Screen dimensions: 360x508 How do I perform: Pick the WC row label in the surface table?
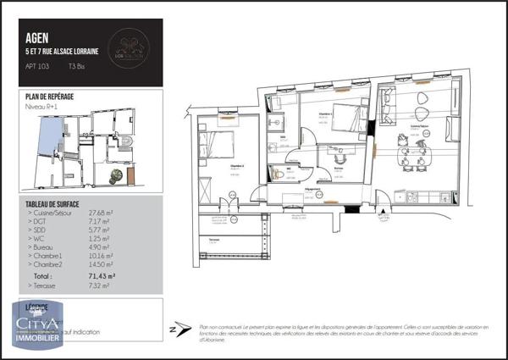39,238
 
